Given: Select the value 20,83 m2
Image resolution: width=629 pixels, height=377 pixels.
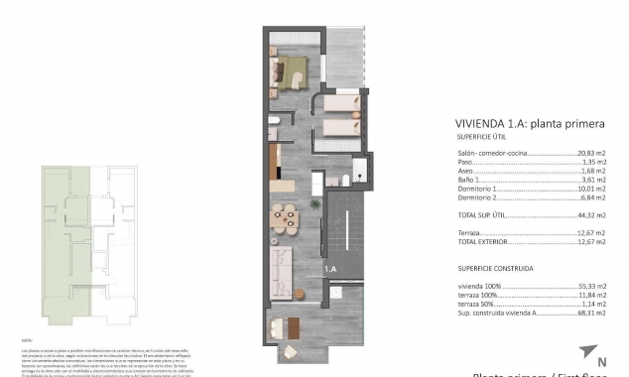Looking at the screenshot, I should click(592, 154).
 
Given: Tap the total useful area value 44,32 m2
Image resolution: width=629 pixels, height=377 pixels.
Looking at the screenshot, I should click(592, 214).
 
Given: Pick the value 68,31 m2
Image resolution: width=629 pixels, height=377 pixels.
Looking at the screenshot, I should click(592, 313).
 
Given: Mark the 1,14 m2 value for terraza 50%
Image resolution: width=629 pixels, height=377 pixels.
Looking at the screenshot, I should click(593, 304).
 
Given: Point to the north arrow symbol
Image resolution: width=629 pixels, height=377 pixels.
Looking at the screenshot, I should click(590, 350).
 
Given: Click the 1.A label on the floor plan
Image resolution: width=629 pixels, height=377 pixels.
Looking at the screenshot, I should click(329, 268).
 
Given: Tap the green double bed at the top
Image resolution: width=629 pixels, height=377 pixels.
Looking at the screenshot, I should click(291, 70).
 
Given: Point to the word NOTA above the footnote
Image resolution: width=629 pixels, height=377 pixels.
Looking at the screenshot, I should click(27, 340).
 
